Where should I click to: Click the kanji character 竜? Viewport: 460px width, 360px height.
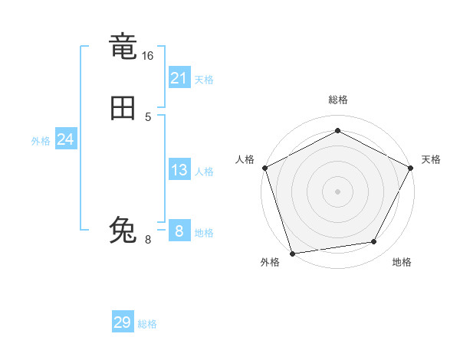click(x=123, y=47)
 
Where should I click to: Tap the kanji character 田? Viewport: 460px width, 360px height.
click(x=123, y=109)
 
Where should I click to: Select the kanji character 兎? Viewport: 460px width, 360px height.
click(x=123, y=230)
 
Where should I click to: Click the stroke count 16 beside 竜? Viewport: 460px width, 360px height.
click(x=148, y=56)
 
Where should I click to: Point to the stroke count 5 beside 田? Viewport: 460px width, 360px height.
click(x=148, y=116)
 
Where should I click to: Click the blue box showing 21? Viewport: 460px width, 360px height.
click(x=179, y=77)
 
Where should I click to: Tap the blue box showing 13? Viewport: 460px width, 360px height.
click(x=179, y=170)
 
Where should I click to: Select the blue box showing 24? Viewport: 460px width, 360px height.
click(x=66, y=139)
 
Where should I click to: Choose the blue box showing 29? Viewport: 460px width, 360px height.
click(x=123, y=322)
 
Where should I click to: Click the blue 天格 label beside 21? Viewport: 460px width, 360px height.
click(x=204, y=80)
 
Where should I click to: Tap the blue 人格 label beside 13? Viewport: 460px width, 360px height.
click(x=204, y=172)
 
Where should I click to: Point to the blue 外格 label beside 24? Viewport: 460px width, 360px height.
click(x=41, y=141)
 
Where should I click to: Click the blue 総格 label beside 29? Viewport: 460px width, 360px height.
click(x=147, y=324)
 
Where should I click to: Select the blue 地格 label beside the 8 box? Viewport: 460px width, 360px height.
click(x=204, y=233)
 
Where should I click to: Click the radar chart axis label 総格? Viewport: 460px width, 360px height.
click(x=337, y=100)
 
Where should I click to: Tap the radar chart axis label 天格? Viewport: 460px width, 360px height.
click(x=431, y=159)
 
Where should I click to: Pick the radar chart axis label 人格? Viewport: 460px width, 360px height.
click(x=245, y=159)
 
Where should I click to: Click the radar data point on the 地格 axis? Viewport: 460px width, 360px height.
click(x=374, y=242)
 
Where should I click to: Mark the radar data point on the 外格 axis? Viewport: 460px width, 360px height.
click(x=292, y=253)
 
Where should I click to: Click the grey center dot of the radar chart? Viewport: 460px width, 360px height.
click(x=337, y=191)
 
